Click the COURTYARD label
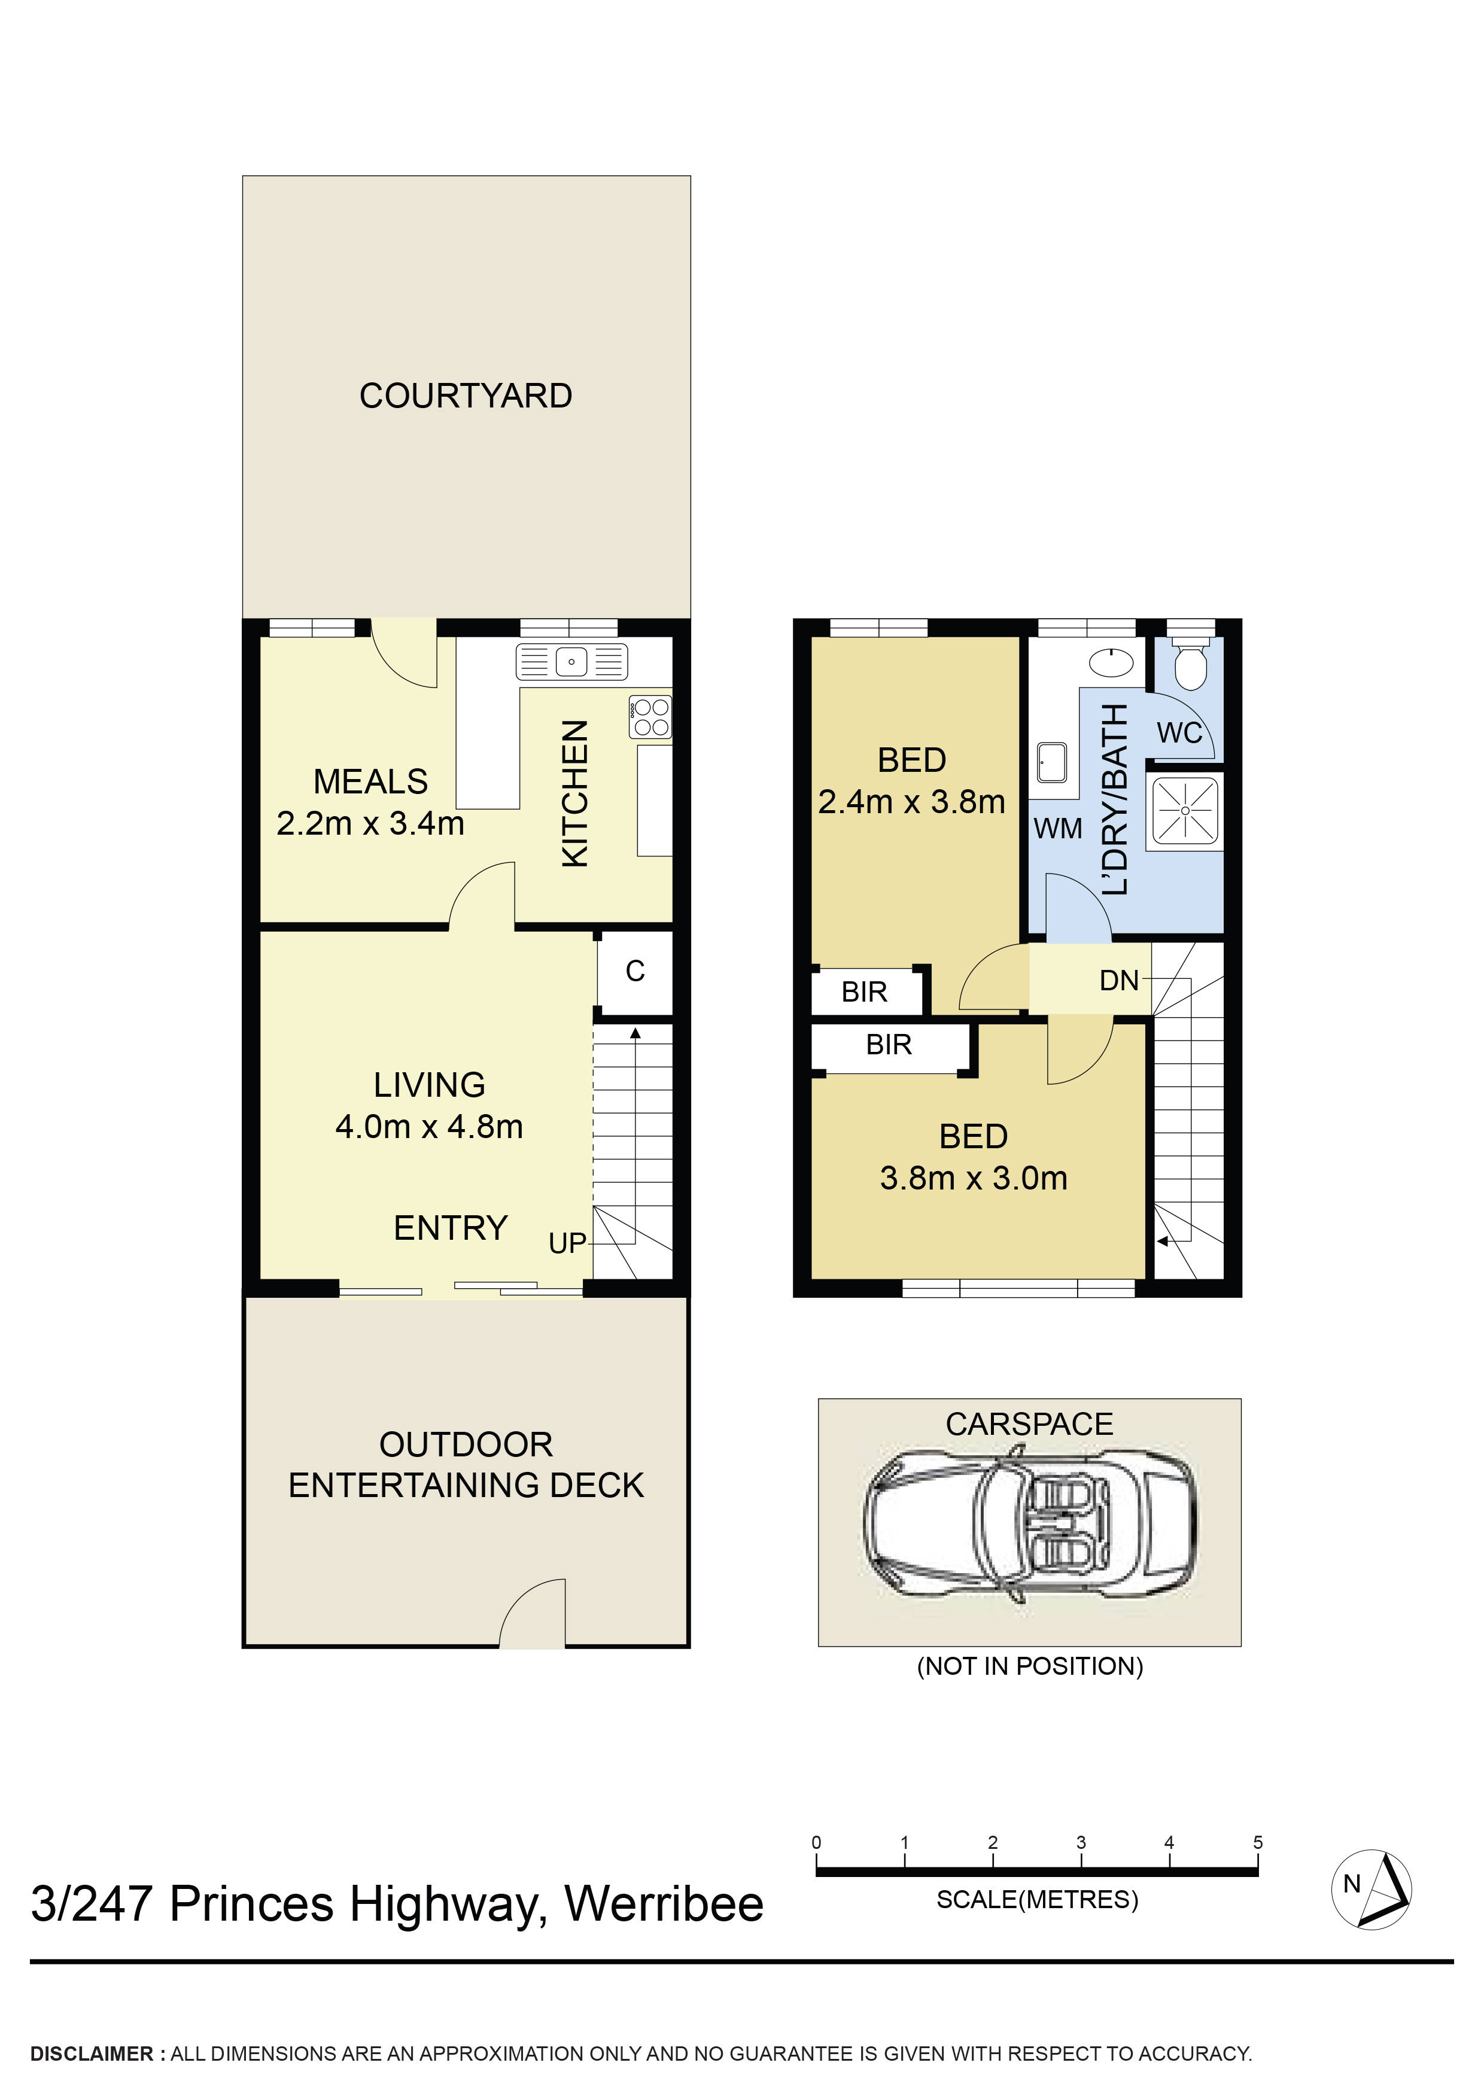(466, 396)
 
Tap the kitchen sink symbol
(571, 661)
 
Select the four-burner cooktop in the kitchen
(650, 717)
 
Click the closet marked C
(634, 971)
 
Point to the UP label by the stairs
(567, 1243)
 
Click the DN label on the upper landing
(1118, 981)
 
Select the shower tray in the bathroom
(1185, 810)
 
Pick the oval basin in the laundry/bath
(1112, 662)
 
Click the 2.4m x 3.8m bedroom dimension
(911, 802)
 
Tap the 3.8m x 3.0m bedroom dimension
(973, 1178)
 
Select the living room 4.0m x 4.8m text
(429, 1126)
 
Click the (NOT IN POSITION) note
(1030, 1666)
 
